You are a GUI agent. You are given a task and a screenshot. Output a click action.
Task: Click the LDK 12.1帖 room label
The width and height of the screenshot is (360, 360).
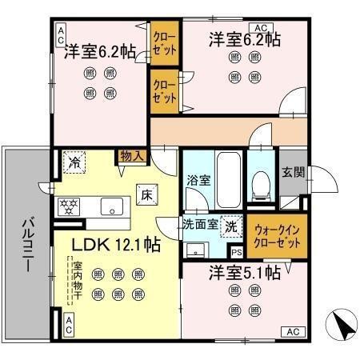[106, 246]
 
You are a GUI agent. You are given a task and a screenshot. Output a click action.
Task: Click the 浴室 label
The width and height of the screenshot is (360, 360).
[198, 179]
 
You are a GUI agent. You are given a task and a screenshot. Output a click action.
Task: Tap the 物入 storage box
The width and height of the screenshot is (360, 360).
[132, 155]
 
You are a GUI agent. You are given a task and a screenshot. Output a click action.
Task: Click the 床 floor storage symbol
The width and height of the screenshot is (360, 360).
[147, 193]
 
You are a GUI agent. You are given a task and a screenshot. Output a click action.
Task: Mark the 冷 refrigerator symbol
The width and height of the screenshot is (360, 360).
[74, 162]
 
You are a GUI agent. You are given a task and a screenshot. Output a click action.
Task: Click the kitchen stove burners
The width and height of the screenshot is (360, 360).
[69, 206]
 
